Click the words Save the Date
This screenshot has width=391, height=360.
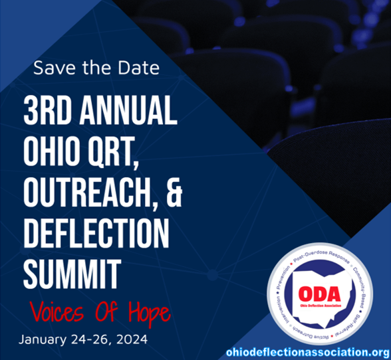(x=96, y=68)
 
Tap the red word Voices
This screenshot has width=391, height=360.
(x=59, y=310)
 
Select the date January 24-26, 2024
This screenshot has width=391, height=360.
(x=82, y=340)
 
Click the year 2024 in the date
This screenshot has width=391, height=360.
(x=129, y=340)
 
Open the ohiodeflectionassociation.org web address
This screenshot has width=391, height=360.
(x=307, y=352)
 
